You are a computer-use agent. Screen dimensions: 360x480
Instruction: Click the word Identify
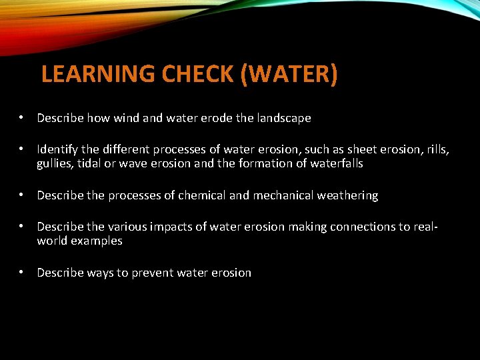tap(58, 150)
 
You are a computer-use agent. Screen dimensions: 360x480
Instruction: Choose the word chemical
tap(200, 195)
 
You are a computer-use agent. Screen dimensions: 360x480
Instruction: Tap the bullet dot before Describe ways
tap(23, 273)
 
